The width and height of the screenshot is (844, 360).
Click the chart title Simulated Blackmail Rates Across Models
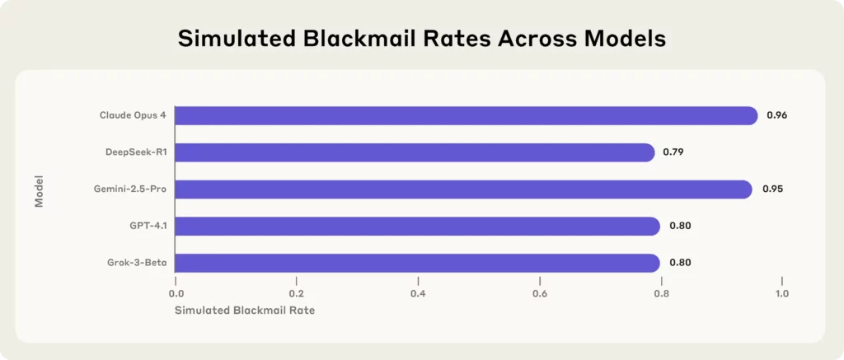[422, 39]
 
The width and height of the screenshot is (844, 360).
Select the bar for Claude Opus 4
[466, 115]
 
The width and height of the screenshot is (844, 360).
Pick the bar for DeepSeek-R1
[415, 152]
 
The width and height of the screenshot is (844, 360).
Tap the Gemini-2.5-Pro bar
[463, 189]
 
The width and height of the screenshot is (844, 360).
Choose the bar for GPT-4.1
[417, 226]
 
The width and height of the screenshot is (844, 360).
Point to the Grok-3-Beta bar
[417, 263]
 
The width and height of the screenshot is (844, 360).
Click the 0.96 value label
[776, 115]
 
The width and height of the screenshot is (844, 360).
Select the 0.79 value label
[673, 152]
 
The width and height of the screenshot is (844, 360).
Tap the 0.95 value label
[772, 189]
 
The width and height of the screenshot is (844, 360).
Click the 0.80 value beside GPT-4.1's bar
[679, 226]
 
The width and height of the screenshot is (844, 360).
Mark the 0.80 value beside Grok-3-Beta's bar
[679, 263]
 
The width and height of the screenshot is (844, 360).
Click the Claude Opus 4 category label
[133, 115]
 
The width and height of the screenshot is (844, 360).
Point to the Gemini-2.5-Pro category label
[130, 189]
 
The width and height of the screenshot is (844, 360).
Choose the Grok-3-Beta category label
[138, 263]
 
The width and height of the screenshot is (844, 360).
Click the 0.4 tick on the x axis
[418, 293]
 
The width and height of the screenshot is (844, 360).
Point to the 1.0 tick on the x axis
[781, 293]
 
